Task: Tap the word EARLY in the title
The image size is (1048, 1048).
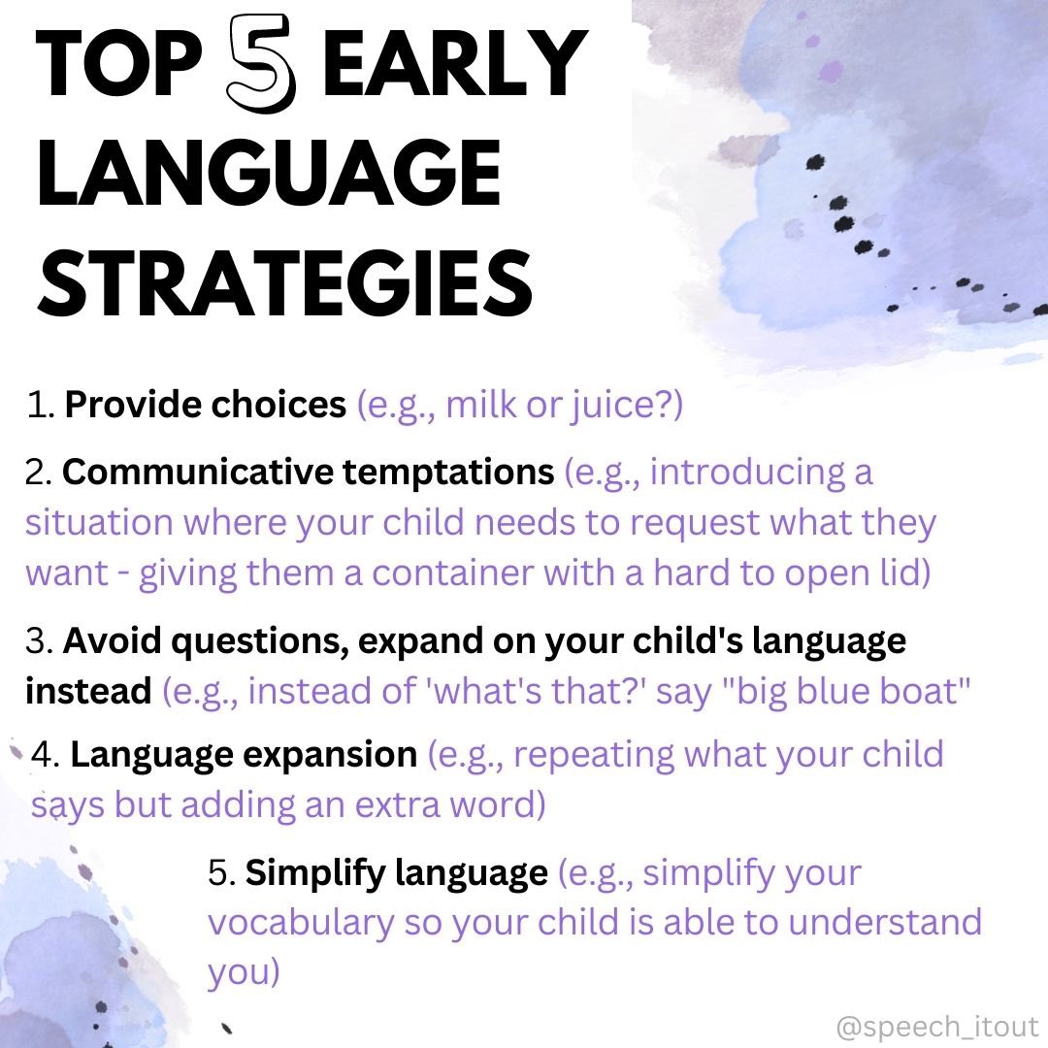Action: (x=457, y=67)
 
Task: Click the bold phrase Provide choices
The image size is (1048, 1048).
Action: (x=205, y=406)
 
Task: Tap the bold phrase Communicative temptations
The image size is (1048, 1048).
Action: (x=308, y=473)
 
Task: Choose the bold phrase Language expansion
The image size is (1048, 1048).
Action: (x=243, y=755)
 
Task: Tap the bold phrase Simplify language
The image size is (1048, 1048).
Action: (x=396, y=873)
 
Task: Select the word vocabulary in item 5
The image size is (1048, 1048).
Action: (x=301, y=924)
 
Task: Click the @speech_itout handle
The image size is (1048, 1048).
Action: (x=936, y=1027)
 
